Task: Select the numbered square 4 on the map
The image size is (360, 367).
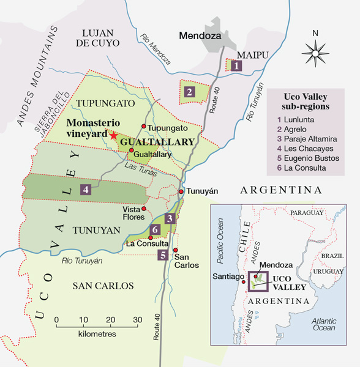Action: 86,190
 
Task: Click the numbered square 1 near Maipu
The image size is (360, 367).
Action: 234,65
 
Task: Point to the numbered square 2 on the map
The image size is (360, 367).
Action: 190,92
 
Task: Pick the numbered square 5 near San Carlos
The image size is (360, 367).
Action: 162,255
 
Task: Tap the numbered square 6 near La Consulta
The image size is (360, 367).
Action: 156,230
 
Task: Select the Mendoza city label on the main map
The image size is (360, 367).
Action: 200,36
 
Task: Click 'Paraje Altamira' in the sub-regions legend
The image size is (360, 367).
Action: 310,141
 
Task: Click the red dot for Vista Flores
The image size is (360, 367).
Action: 144,209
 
